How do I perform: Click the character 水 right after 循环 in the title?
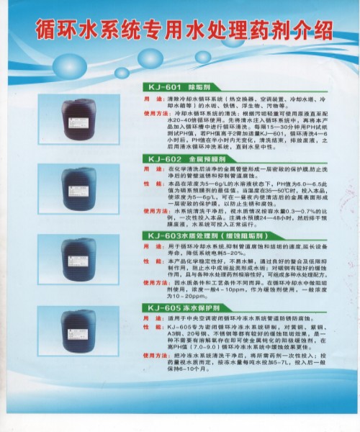point(93,31)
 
